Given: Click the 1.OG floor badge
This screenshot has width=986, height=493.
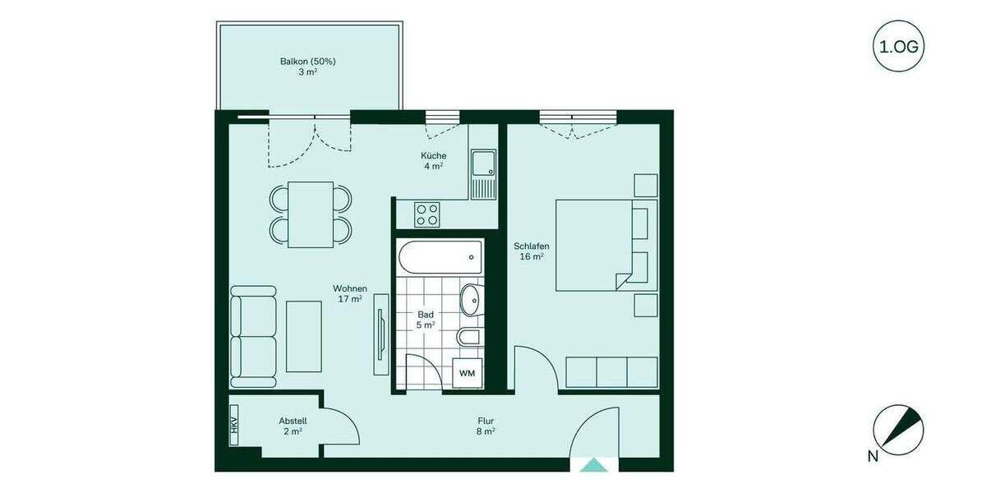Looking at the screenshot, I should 900,46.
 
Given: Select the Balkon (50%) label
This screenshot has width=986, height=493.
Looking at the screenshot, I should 308,67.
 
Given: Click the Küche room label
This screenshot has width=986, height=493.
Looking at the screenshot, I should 433,160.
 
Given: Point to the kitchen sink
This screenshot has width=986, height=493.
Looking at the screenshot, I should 484,173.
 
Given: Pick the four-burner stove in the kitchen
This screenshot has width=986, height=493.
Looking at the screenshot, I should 426,214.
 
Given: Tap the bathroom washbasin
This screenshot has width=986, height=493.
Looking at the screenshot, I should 472,300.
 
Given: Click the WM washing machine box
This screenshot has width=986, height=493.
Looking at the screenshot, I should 468,373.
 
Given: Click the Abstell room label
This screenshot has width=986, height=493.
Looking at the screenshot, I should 293,426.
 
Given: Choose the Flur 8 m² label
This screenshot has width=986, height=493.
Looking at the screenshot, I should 485,426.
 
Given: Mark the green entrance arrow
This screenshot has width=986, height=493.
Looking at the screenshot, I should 593,466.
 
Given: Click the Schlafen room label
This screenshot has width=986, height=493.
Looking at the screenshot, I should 532,251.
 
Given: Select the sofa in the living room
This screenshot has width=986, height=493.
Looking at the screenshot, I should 253,336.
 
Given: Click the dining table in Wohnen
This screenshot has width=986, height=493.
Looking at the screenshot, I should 310,214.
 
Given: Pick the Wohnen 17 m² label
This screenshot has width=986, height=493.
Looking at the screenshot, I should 349,293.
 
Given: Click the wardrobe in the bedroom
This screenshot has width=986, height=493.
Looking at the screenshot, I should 612,372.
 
